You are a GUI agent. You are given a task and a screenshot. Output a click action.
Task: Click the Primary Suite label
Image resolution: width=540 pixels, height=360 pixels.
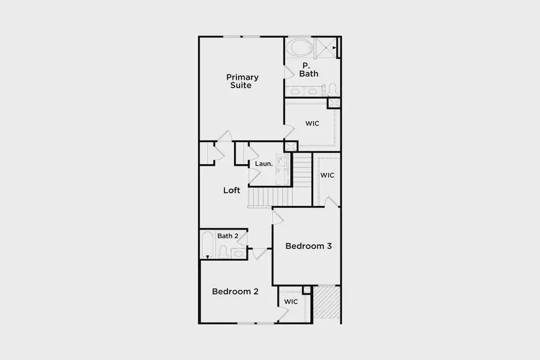click(x=242, y=82)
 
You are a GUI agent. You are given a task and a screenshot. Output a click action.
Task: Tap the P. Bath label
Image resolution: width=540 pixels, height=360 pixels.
click(x=308, y=70)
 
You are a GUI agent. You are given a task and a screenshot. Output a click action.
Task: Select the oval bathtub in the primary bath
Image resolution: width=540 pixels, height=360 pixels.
click(x=299, y=47)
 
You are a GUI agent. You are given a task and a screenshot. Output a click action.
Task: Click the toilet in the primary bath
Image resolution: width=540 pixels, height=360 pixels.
click(x=332, y=90)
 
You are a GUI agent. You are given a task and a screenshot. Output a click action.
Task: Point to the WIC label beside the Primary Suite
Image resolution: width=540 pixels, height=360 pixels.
click(x=312, y=124)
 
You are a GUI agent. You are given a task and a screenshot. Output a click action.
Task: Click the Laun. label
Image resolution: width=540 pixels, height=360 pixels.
click(x=264, y=164)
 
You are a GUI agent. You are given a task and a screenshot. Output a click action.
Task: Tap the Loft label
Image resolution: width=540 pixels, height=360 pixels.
click(x=232, y=190)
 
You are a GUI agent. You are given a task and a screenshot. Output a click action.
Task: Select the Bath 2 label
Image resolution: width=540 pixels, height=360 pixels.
click(x=227, y=236)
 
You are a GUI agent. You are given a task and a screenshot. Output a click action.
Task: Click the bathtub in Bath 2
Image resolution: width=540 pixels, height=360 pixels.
click(x=208, y=245)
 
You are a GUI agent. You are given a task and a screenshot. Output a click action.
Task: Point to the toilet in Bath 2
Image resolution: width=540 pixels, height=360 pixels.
click(x=223, y=251)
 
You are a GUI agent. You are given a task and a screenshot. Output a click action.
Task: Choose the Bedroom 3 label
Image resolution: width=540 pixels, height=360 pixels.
click(x=308, y=246)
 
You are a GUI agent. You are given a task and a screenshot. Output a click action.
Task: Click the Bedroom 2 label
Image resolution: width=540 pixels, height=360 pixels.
click(x=235, y=292)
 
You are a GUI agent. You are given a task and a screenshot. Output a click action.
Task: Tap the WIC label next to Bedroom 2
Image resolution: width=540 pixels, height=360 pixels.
click(x=291, y=302)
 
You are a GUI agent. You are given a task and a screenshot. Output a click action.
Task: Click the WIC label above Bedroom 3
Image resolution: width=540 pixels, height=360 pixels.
click(x=327, y=175)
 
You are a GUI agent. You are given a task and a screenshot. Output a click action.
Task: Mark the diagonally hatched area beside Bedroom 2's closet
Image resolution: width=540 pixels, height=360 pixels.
click(x=326, y=302)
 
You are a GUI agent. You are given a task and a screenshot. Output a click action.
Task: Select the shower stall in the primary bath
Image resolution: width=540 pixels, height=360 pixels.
click(x=326, y=48)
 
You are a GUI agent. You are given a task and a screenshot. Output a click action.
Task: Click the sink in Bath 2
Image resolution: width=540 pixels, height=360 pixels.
click(x=239, y=254)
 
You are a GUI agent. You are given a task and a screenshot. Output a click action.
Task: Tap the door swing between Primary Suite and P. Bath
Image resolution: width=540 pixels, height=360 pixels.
click(x=289, y=71)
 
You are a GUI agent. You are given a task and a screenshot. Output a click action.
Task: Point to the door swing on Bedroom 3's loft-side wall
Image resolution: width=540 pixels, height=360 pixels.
click(x=278, y=217)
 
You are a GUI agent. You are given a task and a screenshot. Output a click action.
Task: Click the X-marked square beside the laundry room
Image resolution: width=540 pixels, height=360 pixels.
click(x=290, y=146)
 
